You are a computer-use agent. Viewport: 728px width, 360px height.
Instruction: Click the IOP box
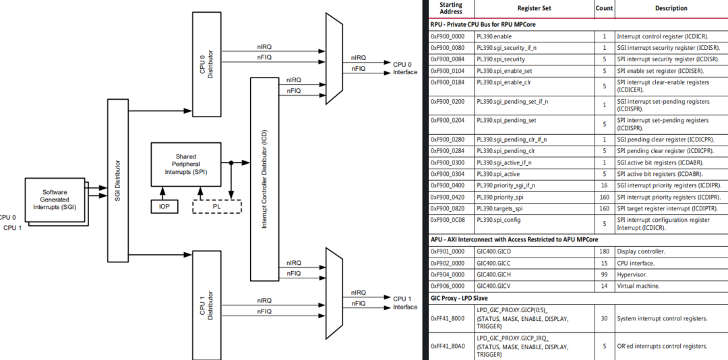tap(164, 206)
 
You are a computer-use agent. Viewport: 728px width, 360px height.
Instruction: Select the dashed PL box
tap(216, 206)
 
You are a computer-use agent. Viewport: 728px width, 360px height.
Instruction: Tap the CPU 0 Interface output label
tap(404, 68)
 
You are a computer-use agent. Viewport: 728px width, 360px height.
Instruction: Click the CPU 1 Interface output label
tap(404, 303)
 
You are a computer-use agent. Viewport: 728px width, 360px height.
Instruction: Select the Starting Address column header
tap(451, 8)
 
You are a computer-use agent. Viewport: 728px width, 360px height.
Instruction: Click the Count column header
tap(605, 8)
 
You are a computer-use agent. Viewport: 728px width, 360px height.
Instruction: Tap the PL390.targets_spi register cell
tap(499, 208)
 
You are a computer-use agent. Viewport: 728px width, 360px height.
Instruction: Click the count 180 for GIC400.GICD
tap(605, 251)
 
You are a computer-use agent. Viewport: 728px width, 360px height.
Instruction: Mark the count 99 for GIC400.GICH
tap(605, 274)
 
